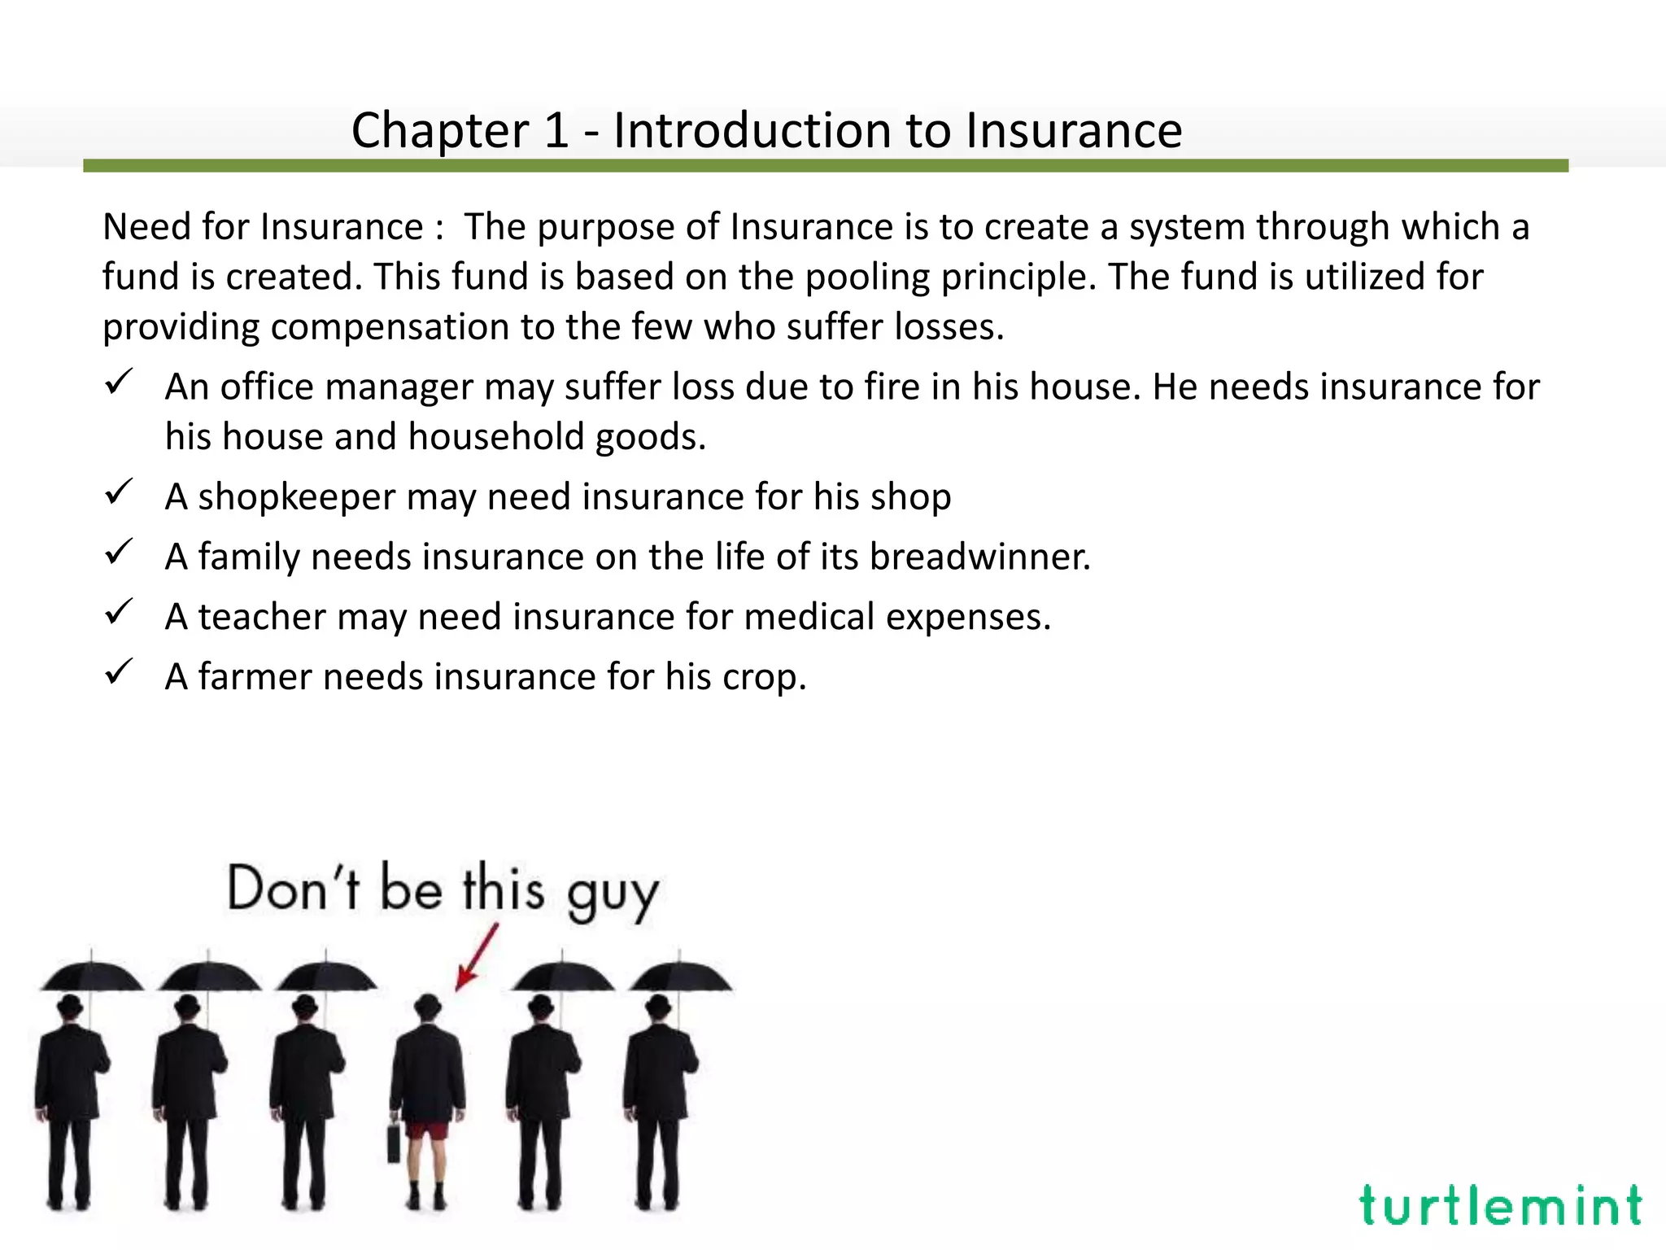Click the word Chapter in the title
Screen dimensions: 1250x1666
[440, 130]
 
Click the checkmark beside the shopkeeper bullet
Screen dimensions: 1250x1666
[119, 492]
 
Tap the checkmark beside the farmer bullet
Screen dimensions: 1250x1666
[119, 672]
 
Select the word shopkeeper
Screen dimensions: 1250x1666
[296, 496]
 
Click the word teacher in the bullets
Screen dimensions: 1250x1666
[261, 617]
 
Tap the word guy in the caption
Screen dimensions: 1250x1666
[612, 894]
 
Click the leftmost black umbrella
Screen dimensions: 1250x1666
[92, 976]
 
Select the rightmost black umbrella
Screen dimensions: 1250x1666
[681, 976]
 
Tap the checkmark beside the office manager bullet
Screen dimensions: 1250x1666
[119, 382]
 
